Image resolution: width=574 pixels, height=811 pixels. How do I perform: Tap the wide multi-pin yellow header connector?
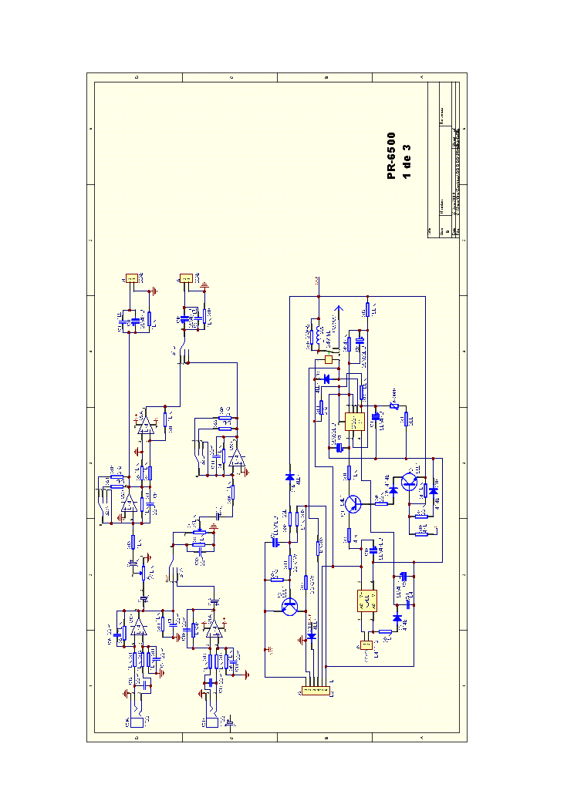[311, 692]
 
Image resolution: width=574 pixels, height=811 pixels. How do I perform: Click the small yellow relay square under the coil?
[329, 359]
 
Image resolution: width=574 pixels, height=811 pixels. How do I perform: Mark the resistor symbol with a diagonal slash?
[393, 405]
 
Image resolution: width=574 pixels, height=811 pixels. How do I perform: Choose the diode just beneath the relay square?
[327, 379]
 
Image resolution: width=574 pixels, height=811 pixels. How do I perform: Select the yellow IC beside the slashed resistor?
[356, 422]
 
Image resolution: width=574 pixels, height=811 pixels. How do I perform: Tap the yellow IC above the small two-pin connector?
[366, 600]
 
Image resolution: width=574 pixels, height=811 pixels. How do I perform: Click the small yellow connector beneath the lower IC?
[366, 644]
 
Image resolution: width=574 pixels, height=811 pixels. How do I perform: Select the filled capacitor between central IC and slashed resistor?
[376, 416]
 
